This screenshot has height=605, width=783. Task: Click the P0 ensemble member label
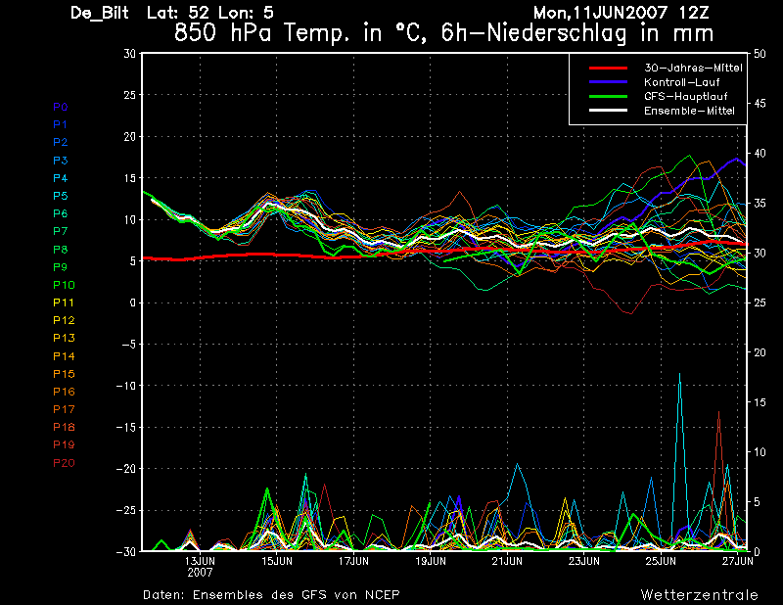coord(61,107)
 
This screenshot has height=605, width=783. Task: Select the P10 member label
coord(63,285)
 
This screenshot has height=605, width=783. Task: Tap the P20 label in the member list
coord(63,463)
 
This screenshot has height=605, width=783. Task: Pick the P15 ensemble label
coord(63,374)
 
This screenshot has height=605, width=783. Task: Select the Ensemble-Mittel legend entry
coord(689,112)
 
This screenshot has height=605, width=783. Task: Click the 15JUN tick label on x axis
coord(277,561)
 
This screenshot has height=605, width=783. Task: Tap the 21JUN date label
coord(507,561)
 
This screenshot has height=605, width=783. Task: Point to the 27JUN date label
coord(737,561)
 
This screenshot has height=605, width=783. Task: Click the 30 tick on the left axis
coord(129,54)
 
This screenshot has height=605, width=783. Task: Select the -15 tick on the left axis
coord(125,427)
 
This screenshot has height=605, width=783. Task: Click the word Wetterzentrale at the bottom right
coord(699,594)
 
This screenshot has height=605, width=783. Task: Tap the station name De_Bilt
coord(100,13)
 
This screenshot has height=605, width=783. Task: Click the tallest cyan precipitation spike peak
coord(679,374)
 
